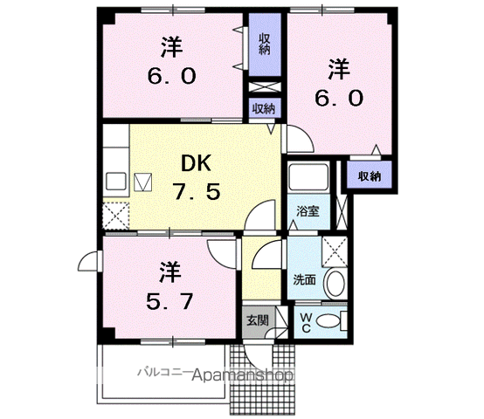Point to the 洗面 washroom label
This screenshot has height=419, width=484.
pos(304,281)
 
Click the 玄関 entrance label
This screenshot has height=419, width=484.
pos(256,320)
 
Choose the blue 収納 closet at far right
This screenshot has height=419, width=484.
pos(369,175)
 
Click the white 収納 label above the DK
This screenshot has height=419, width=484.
pos(264,108)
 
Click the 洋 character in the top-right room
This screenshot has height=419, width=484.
pos(341,65)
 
